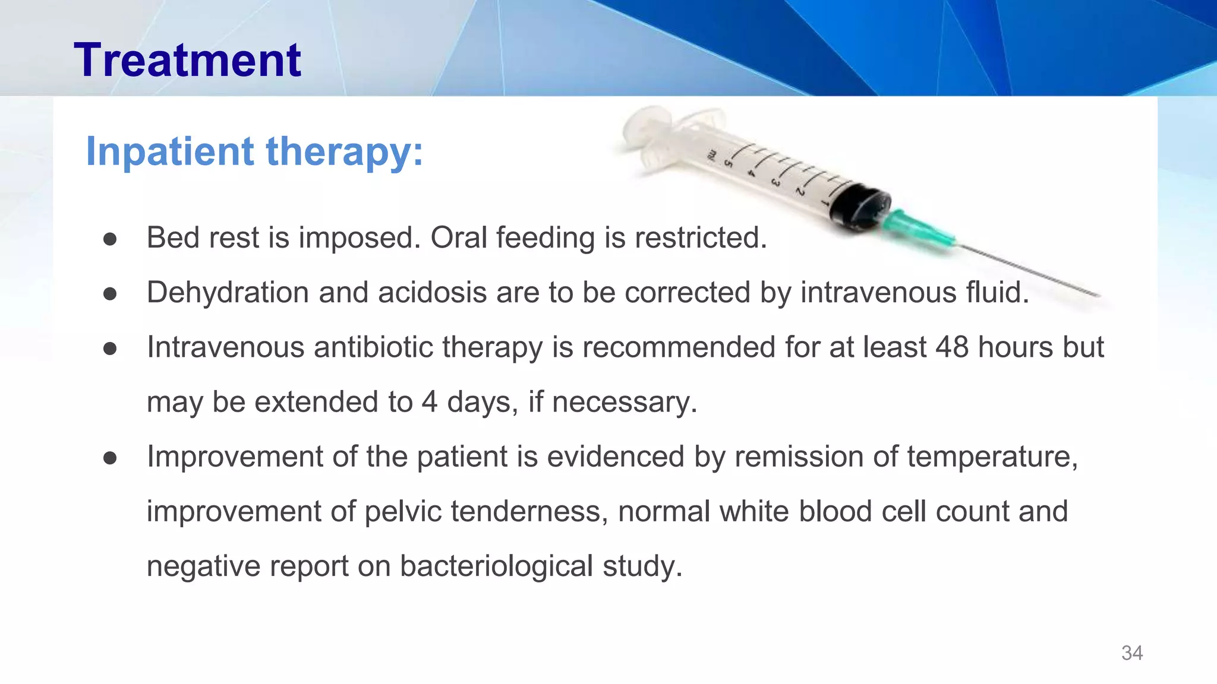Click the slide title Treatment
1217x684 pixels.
coord(187,61)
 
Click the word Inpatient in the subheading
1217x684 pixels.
coord(169,151)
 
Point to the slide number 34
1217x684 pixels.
coord(1131,653)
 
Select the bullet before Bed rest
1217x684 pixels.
coord(110,239)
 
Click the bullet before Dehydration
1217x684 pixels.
coord(110,293)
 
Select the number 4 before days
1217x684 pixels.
coord(429,402)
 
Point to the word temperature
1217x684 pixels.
coord(991,457)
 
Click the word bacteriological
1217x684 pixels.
coord(496,566)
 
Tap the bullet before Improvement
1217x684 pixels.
coord(110,458)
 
